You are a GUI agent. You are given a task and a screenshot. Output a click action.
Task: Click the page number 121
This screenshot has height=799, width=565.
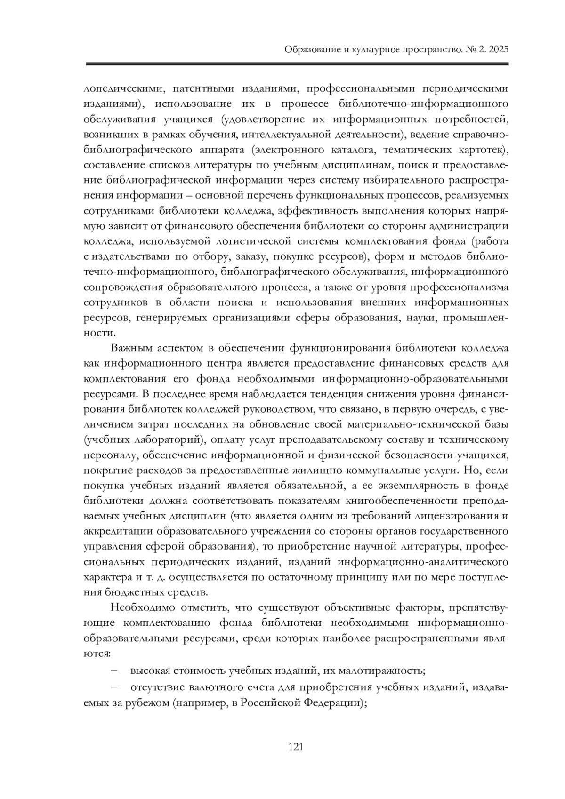(295, 747)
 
